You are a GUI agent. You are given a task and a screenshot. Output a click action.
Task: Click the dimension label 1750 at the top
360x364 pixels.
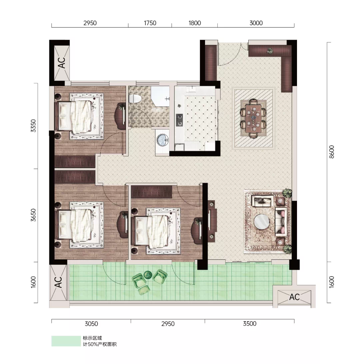tap(150, 23)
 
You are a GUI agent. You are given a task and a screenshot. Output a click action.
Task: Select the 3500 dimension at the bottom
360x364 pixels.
tap(250, 324)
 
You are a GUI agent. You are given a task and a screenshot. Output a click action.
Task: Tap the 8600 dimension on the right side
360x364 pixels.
tap(332, 152)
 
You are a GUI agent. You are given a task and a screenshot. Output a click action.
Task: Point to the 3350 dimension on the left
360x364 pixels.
tap(33, 126)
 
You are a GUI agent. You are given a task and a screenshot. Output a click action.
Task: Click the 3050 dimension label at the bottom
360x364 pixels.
tap(91, 324)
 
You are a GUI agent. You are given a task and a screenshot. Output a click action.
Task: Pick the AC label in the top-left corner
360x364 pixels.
tap(62, 63)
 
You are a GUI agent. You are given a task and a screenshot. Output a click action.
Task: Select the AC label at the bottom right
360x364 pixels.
tap(294, 297)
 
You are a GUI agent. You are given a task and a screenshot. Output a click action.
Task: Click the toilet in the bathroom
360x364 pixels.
tap(135, 99)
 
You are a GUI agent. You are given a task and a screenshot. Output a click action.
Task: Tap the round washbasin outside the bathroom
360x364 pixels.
tap(162, 140)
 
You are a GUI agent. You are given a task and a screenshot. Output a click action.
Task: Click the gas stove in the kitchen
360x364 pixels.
tap(179, 120)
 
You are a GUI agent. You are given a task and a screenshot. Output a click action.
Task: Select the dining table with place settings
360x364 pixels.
tap(253, 118)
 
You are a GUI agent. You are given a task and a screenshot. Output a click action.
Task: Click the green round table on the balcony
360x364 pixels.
tap(148, 275)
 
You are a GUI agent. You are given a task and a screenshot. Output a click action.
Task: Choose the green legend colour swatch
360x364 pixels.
tap(66, 341)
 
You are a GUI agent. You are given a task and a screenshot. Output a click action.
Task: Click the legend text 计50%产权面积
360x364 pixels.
tap(100, 344)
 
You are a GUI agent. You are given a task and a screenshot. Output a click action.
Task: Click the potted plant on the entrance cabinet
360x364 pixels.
tap(270, 51)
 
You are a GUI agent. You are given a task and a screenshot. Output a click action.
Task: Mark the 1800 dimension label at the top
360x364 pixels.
tap(195, 23)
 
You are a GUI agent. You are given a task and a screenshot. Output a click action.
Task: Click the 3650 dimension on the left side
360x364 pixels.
tap(33, 215)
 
